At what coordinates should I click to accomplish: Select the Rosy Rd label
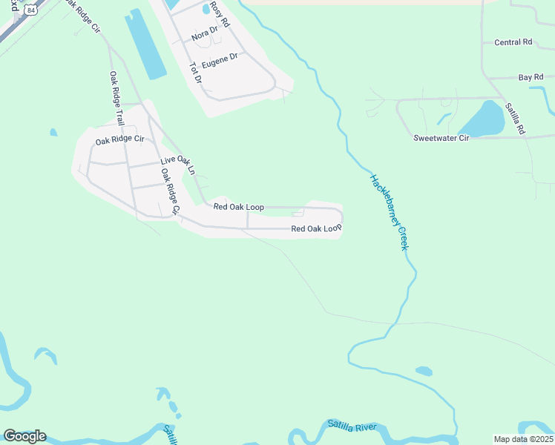[x=220, y=14]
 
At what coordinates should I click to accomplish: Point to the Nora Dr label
[x=204, y=35]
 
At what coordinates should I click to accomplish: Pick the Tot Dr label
[x=196, y=73]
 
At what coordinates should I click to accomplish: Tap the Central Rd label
[x=513, y=42]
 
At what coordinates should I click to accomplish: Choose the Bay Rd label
[x=531, y=77]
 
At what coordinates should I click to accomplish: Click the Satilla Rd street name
[x=516, y=119]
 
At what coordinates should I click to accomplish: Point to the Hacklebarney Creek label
[x=390, y=212]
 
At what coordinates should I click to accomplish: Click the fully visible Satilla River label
[x=352, y=426]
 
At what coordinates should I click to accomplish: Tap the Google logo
[x=24, y=436]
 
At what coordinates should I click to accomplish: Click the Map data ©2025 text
[x=523, y=439]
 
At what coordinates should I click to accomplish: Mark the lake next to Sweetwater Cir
[x=483, y=119]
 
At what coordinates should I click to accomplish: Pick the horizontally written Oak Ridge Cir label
[x=119, y=139]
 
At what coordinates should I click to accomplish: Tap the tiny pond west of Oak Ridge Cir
[x=53, y=133]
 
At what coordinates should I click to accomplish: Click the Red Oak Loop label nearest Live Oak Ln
[x=239, y=207]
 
